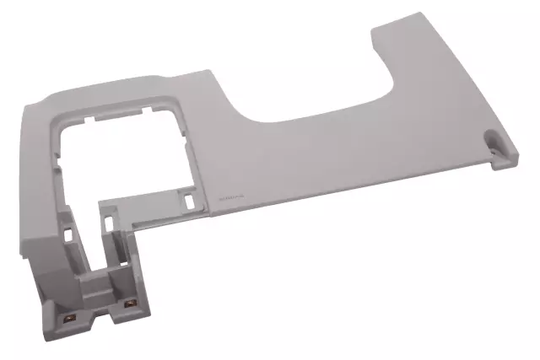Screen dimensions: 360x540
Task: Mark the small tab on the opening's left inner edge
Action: pos(57,153)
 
